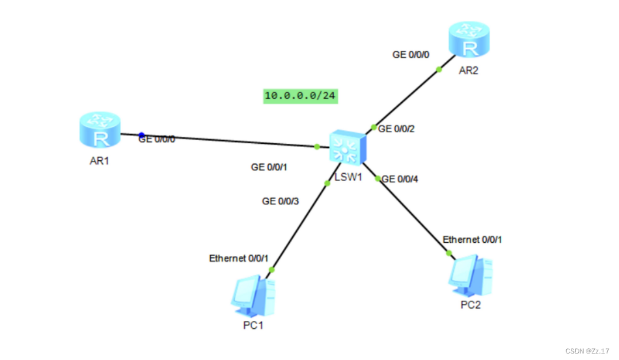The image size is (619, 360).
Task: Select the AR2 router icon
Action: coord(467,41)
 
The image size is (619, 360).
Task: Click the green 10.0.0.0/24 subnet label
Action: coord(301,96)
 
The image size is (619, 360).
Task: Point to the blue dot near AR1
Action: coord(141,135)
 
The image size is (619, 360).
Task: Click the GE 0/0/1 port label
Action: coord(269,167)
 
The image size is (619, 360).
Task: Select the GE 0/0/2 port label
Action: coord(396,129)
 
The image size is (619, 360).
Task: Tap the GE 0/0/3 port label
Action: coord(281,202)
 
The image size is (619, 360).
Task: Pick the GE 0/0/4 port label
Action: coord(401,178)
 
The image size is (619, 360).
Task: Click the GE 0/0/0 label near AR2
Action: coord(411,55)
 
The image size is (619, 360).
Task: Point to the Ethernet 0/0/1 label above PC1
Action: coord(238,258)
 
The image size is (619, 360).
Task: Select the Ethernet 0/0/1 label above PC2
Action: coord(473,240)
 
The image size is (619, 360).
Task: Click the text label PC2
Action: coord(470,305)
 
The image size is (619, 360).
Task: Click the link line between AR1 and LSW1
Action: coord(228,141)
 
